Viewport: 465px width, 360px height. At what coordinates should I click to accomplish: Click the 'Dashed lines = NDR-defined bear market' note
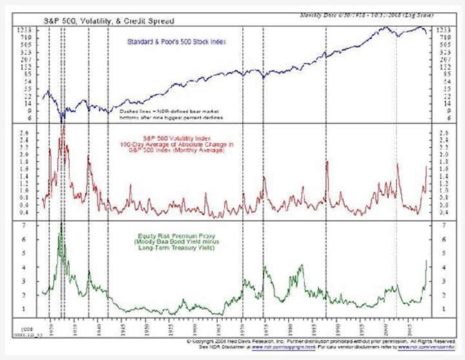click(166, 111)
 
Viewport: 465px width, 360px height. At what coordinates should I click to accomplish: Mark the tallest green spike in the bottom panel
click(61, 224)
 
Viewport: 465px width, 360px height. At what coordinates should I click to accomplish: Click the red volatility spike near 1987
click(327, 162)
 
